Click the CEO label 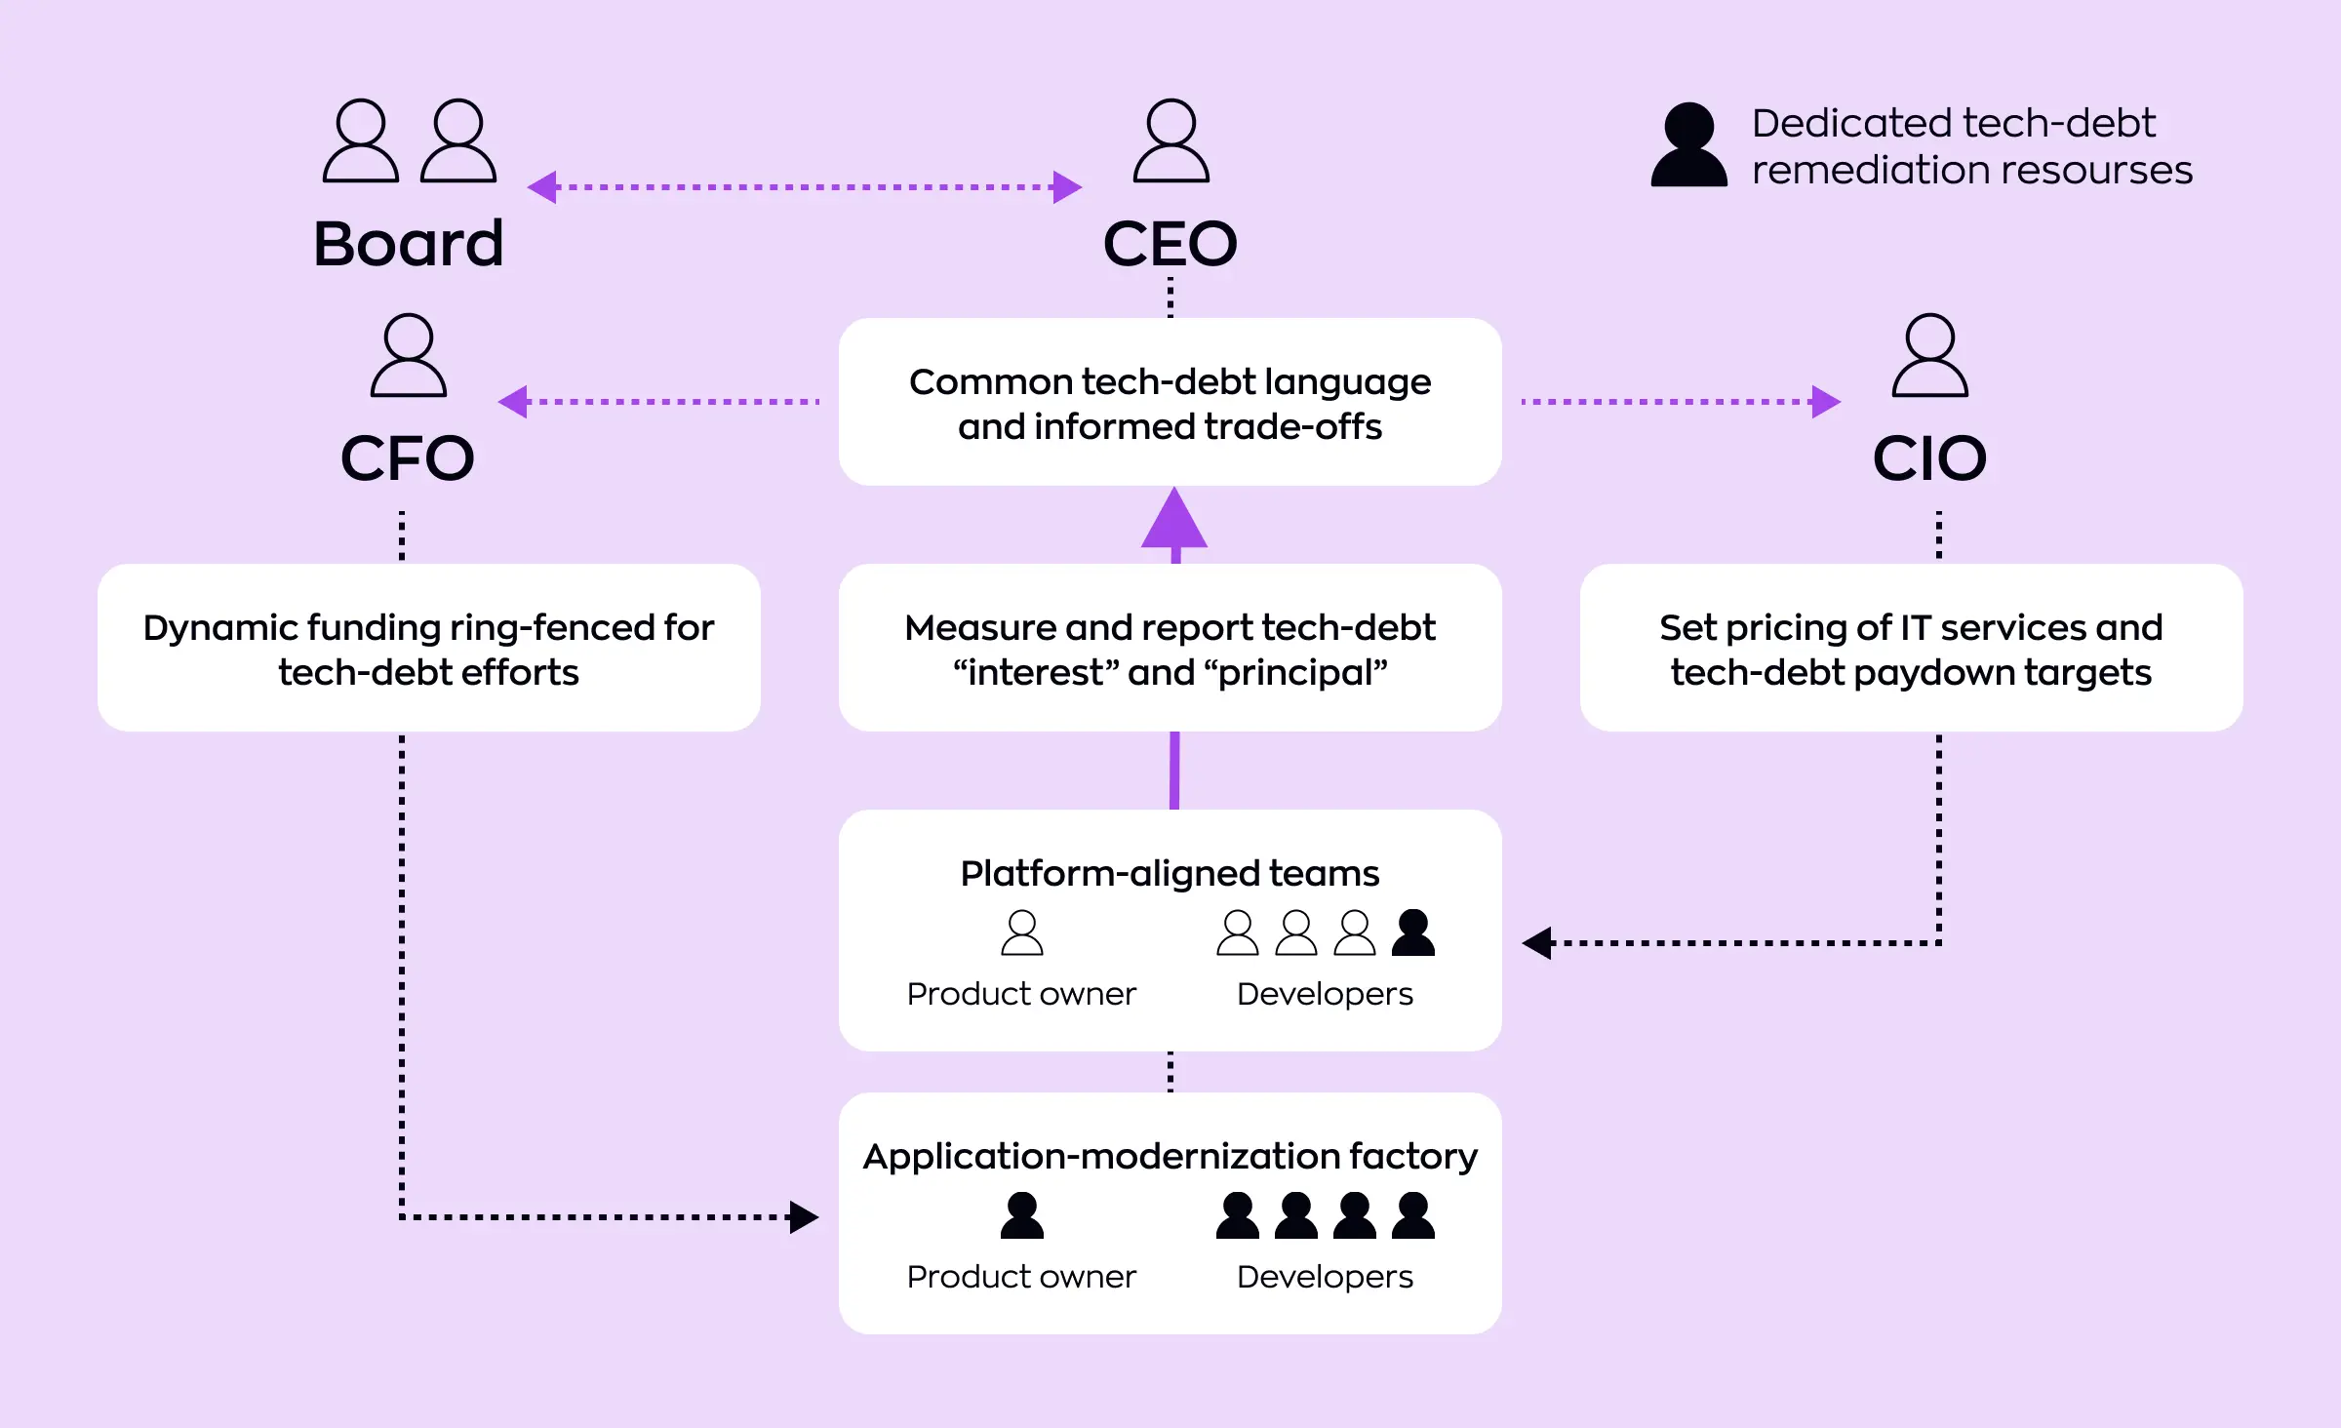tap(1170, 244)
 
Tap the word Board tap(409, 244)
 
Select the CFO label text tap(408, 458)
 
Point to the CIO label tap(1929, 458)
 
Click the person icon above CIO tap(1929, 356)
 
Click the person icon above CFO tap(408, 356)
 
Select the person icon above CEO tap(1170, 141)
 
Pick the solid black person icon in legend tap(1688, 145)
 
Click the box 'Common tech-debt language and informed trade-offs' tap(1170, 403)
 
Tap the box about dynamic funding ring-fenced tap(428, 649)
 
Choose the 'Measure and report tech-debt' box tap(1170, 649)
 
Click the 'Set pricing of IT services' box tap(1911, 649)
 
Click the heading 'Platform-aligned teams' tap(1170, 873)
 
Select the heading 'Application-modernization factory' tap(1170, 1156)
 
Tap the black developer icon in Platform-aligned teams tap(1413, 933)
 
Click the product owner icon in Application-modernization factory tap(1022, 1216)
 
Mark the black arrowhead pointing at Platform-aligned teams tap(1538, 943)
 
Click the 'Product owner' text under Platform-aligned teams tap(1021, 994)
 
